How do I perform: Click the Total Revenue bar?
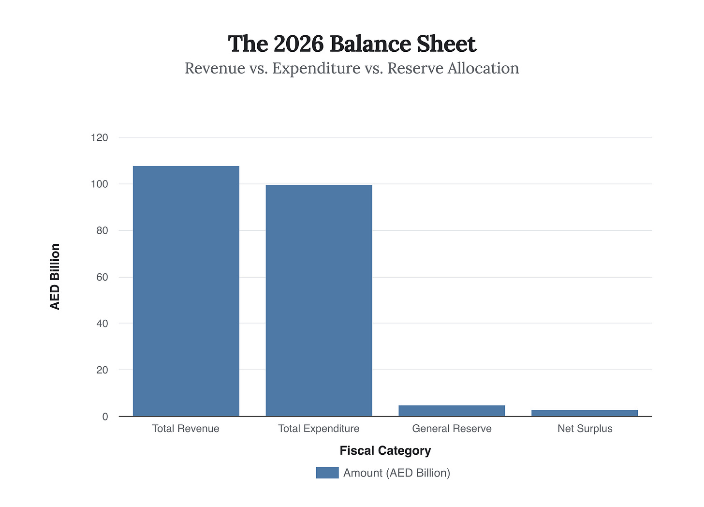coord(186,291)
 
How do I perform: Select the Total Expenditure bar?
coord(319,300)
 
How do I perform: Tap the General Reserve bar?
coord(452,411)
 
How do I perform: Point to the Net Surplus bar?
coord(585,413)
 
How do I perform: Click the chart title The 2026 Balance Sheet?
coord(352,44)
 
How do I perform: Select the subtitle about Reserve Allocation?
coord(352,68)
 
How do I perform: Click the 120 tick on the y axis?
coord(100,138)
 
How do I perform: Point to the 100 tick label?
coord(100,184)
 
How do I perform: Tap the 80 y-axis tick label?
coord(102,231)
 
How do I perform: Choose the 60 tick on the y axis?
coord(102,277)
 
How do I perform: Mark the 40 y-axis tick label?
coord(102,323)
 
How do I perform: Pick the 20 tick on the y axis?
coord(102,370)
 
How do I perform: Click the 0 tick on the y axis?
coord(105,417)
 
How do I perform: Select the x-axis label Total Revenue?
coord(186,429)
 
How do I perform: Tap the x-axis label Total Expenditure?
coord(319,429)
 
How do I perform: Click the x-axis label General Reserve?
coord(452,429)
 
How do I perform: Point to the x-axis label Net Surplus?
coord(585,429)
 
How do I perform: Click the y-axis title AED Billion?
coord(55,277)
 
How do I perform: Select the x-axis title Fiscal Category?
coord(385,451)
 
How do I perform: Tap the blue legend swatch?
coord(327,473)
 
